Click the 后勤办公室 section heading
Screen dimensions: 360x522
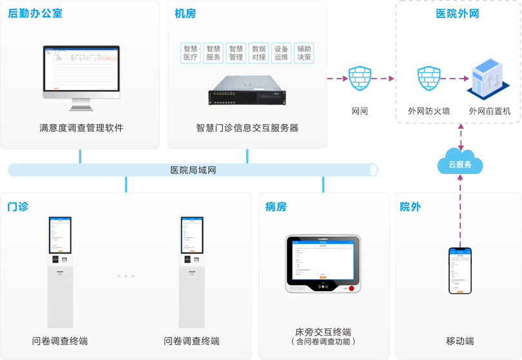[x=35, y=13]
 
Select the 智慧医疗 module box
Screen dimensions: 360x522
[x=191, y=53]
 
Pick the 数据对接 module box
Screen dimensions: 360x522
[x=259, y=53]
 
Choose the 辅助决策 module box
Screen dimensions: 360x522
[x=304, y=53]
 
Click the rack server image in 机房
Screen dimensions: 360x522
[x=246, y=90]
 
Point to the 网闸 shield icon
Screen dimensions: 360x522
[x=360, y=79]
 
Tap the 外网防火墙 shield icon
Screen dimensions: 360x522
[x=429, y=79]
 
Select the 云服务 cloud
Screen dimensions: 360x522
[x=460, y=163]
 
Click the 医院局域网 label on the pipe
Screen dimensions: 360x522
[x=193, y=170]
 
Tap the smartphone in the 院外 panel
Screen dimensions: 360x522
[x=460, y=271]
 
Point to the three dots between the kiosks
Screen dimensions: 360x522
[x=126, y=276]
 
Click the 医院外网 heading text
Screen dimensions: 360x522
[x=458, y=14]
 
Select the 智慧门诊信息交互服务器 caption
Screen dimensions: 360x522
[x=247, y=128]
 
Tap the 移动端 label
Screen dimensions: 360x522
[x=460, y=341]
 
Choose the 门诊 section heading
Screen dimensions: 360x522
[x=17, y=207]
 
